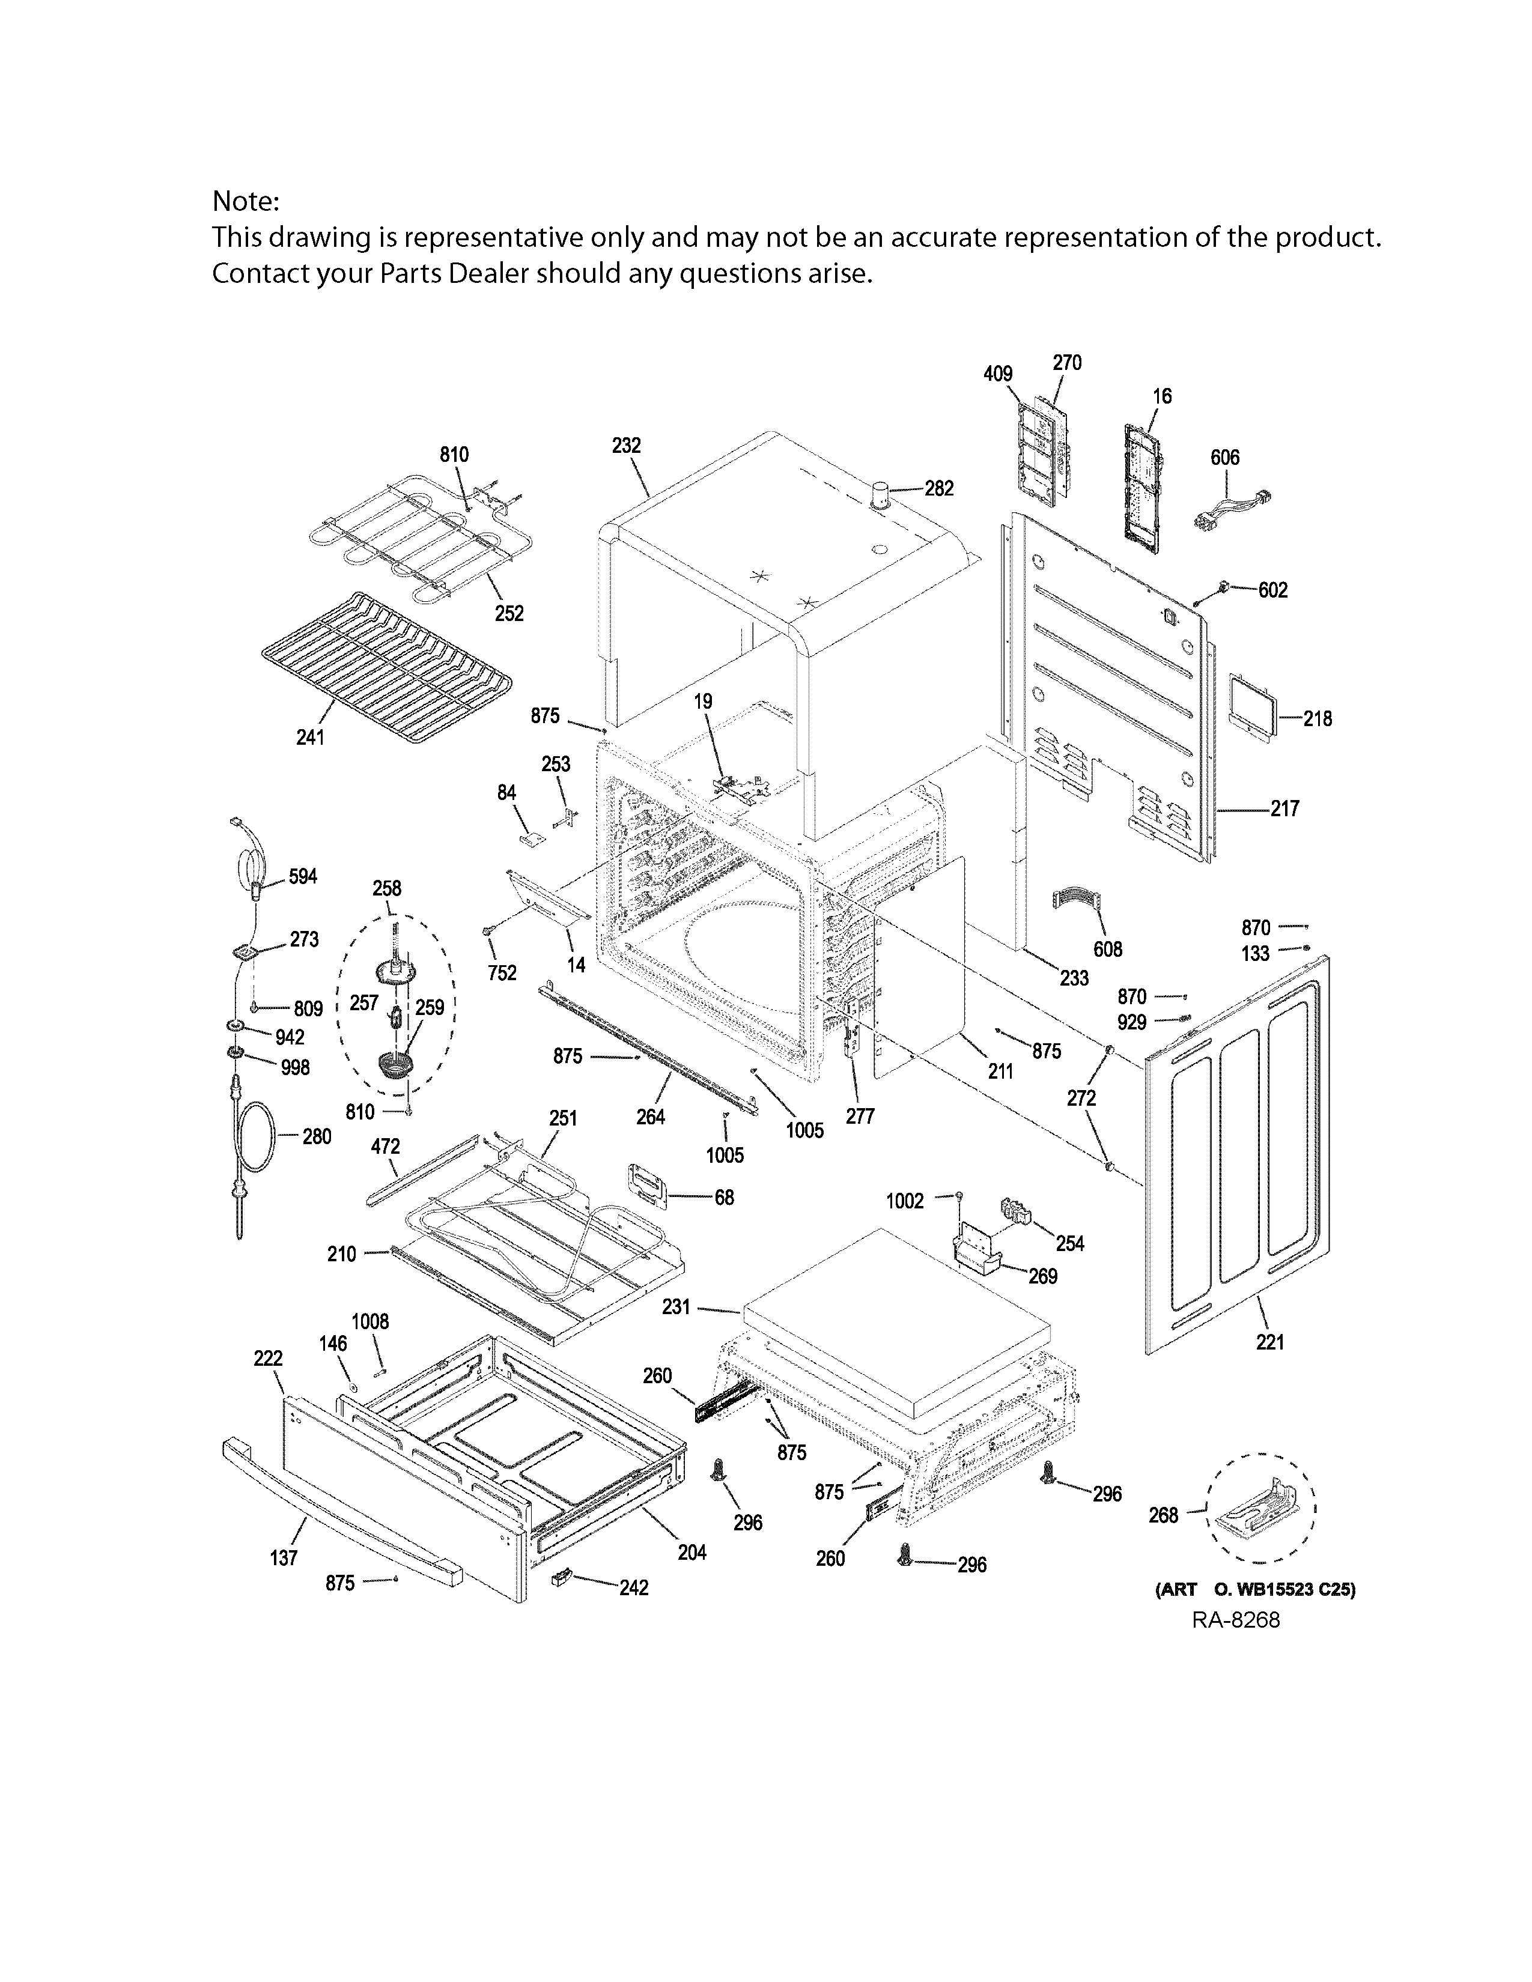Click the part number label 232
tap(626, 446)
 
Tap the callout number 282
tap(940, 488)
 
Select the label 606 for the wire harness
tap(1224, 458)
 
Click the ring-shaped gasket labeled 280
tap(257, 1136)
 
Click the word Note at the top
tap(245, 201)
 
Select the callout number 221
tap(1269, 1341)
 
